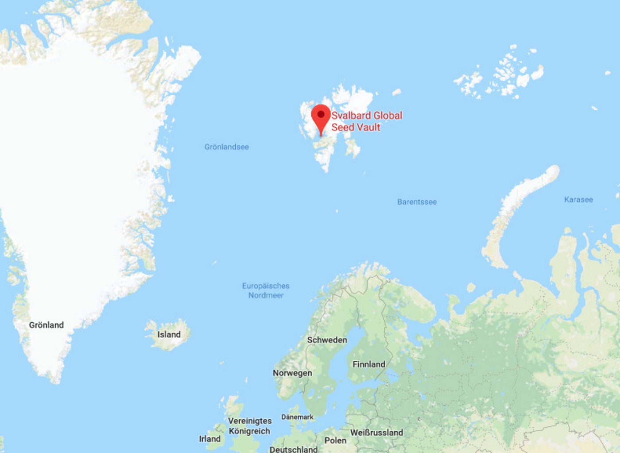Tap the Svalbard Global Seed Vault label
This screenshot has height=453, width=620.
pos(366,121)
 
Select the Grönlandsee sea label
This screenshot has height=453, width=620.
pos(226,147)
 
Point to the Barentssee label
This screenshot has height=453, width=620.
pos(417,202)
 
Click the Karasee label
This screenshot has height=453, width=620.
pos(578,199)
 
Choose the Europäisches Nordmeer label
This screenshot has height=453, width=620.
pos(266,290)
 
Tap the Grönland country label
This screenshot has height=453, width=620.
pos(46,325)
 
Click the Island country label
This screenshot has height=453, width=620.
pos(169,334)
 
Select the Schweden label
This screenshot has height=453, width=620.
pos(327,340)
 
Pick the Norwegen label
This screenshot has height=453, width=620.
pos(292,373)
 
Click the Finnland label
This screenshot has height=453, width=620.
pos(369,364)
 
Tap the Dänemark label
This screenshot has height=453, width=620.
pos(297,417)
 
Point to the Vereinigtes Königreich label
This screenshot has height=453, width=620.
pos(250,426)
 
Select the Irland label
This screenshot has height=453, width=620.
pos(209,439)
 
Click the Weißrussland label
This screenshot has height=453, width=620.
pos(376,432)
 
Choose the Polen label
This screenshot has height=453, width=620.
pos(335,440)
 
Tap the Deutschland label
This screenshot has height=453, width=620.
pos(294,449)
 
